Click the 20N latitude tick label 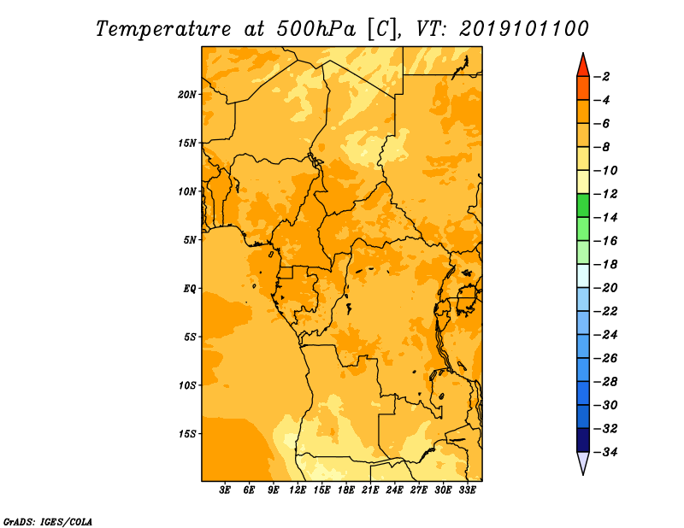click(186, 95)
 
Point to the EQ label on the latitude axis click(189, 289)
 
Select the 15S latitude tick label click(186, 434)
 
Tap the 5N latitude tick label click(189, 240)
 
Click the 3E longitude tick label click(225, 490)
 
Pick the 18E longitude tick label click(346, 490)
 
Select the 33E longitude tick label click(467, 490)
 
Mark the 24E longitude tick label click(394, 490)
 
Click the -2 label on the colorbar click(602, 77)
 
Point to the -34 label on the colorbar click(605, 452)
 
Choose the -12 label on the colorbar click(605, 194)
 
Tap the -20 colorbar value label click(605, 288)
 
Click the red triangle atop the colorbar click(583, 67)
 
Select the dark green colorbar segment click(583, 205)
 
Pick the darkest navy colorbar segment click(583, 440)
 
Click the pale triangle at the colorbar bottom click(583, 462)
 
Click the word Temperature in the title click(163, 30)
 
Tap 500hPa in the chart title click(315, 29)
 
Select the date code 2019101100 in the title click(524, 29)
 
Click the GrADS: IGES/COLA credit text click(48, 521)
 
